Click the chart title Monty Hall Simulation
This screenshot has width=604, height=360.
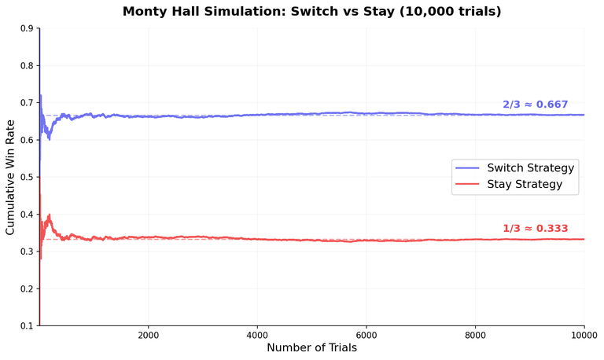pyautogui.click(x=311, y=12)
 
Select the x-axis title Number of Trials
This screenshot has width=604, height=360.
pyautogui.click(x=311, y=347)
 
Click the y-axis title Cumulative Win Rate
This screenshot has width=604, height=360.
pyautogui.click(x=10, y=177)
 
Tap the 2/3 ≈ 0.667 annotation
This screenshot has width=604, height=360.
pyautogui.click(x=535, y=105)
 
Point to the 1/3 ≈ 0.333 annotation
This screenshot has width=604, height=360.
pyautogui.click(x=535, y=229)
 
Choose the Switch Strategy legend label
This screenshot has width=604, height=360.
pyautogui.click(x=531, y=168)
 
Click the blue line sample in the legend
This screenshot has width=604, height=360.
pyautogui.click(x=468, y=168)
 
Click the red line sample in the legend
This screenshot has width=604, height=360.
pyautogui.click(x=468, y=184)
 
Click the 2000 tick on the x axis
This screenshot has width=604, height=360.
pyautogui.click(x=148, y=333)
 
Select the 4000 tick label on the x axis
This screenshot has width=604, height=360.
pyautogui.click(x=257, y=333)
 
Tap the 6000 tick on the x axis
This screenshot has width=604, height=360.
pyautogui.click(x=366, y=333)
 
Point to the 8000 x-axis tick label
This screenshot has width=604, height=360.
pyautogui.click(x=475, y=333)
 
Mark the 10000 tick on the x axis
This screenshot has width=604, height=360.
pyautogui.click(x=583, y=333)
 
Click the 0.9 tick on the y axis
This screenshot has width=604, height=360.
pyautogui.click(x=26, y=28)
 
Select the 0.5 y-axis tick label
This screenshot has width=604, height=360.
pyautogui.click(x=26, y=177)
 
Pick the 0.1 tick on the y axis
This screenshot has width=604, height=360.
pyautogui.click(x=26, y=325)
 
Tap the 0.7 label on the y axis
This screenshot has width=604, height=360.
pyautogui.click(x=26, y=103)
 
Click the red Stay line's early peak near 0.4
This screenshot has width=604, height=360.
pyautogui.click(x=49, y=215)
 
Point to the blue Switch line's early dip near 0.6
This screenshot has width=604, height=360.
pyautogui.click(x=49, y=138)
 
